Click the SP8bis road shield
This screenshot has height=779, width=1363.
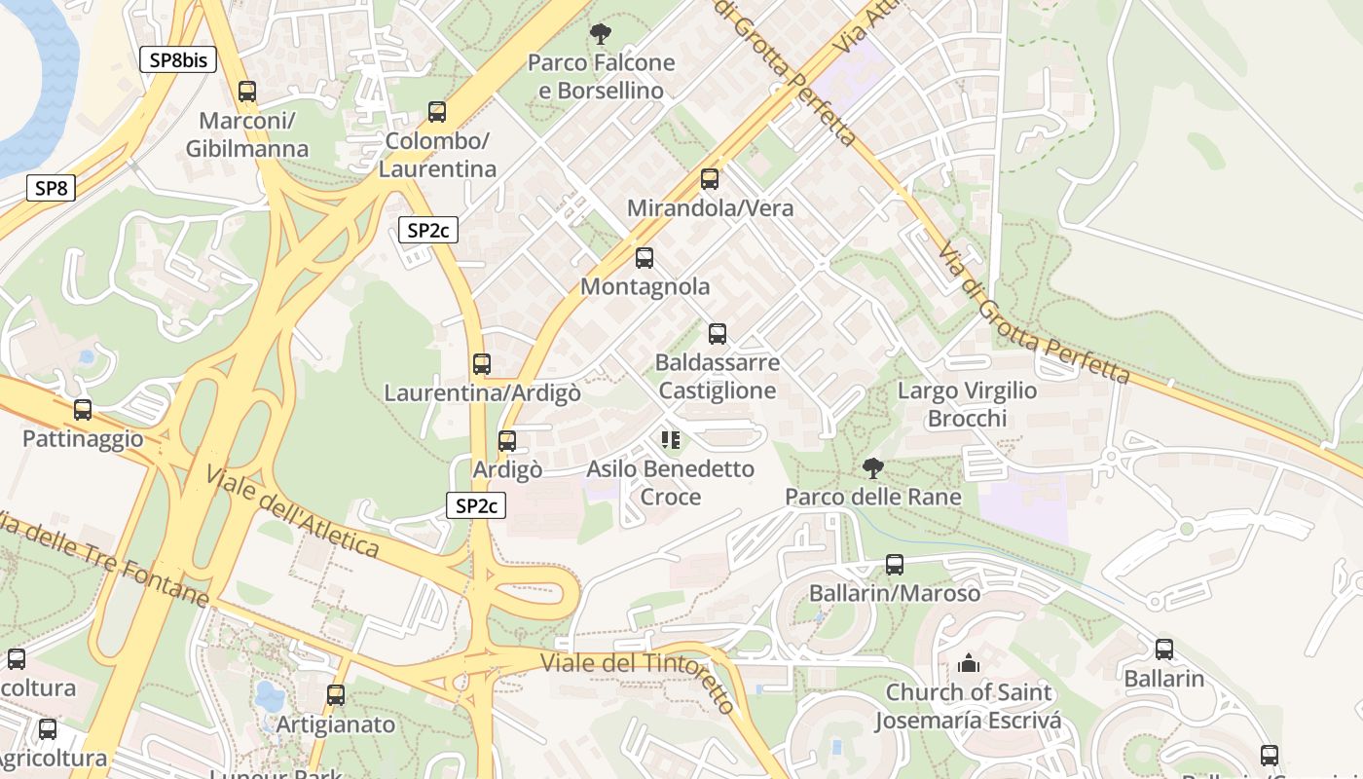click(x=177, y=59)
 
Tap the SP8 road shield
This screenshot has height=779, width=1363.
click(x=51, y=188)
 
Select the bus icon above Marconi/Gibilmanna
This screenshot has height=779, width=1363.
click(x=247, y=92)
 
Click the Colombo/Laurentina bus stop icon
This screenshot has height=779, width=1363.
click(x=437, y=112)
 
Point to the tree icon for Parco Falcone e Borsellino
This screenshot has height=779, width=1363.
click(x=601, y=35)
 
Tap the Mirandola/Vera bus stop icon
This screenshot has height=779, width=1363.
click(x=710, y=179)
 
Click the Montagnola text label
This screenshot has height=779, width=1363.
click(x=645, y=287)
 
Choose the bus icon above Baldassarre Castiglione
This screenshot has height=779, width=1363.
click(x=718, y=334)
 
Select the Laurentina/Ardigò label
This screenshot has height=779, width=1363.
click(x=482, y=393)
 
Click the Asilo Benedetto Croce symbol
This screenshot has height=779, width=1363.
click(x=671, y=440)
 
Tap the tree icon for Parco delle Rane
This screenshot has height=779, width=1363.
click(x=873, y=468)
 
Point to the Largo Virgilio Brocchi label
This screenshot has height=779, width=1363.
click(x=967, y=404)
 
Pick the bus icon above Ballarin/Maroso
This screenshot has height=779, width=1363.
click(x=895, y=565)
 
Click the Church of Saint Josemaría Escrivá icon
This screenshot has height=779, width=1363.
click(x=968, y=664)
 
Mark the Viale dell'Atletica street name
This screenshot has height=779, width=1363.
click(x=292, y=511)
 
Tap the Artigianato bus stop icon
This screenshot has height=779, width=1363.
click(x=336, y=695)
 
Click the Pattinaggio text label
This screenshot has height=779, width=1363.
click(x=83, y=439)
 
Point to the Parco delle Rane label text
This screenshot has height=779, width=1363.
click(x=873, y=497)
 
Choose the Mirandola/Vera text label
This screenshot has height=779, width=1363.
click(x=710, y=208)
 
